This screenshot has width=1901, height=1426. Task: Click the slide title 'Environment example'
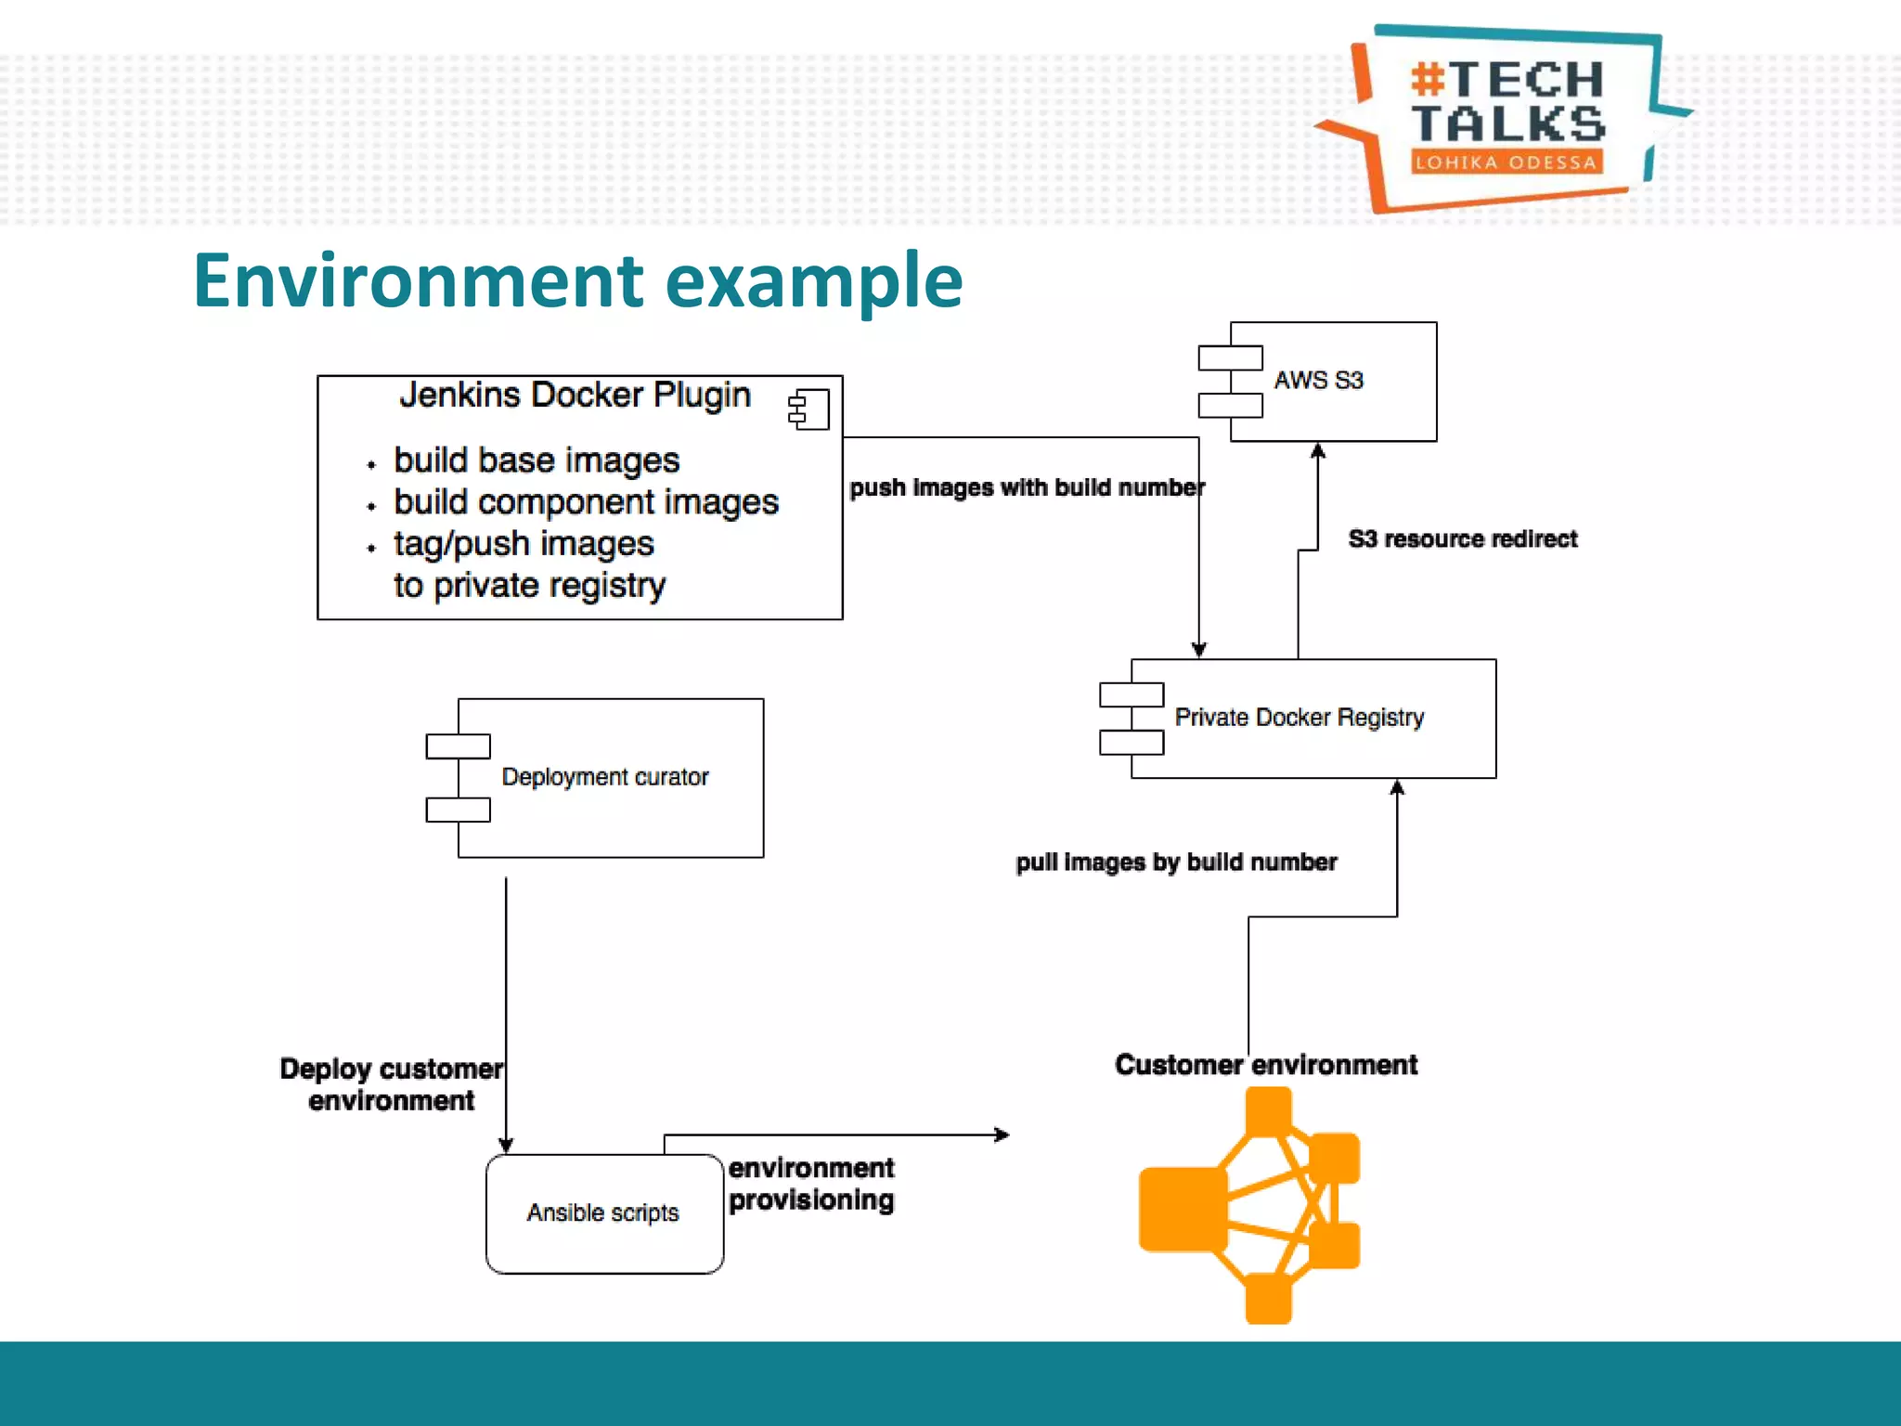coord(577,280)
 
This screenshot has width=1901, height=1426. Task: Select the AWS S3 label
coord(1318,381)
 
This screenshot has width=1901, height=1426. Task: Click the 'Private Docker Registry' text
coord(1299,718)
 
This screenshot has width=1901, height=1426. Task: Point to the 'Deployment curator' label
coord(604,777)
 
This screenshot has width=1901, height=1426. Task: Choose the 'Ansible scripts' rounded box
coord(604,1213)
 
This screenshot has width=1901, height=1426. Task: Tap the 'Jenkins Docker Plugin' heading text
coord(575,395)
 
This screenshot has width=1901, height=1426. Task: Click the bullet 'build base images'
coord(537,460)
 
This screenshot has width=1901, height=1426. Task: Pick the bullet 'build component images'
coord(586,502)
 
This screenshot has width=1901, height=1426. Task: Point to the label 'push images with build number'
coord(1027,487)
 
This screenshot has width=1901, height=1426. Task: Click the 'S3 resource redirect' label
coord(1462,538)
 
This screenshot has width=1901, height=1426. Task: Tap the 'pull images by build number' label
coord(1176,862)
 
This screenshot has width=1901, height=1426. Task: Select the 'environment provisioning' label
coord(811,1184)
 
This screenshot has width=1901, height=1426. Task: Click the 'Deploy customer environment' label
coord(392,1084)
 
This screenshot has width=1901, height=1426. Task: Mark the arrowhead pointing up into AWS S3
coord(1318,451)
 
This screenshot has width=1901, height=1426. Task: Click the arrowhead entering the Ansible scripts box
coord(506,1146)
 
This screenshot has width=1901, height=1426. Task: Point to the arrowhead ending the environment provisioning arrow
coord(1002,1134)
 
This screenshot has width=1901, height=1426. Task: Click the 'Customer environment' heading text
coord(1266,1065)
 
